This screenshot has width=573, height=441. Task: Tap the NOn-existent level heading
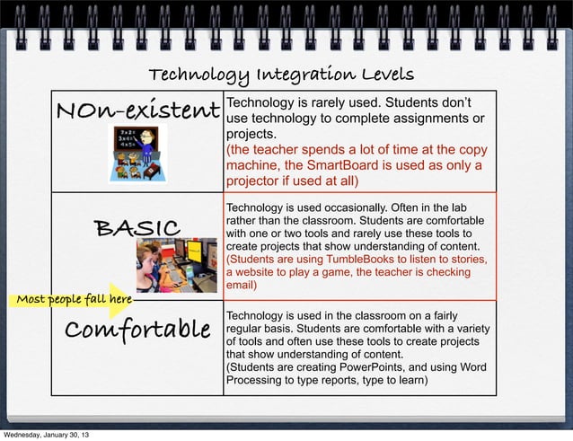(x=138, y=111)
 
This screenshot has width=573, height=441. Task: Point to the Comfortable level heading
(x=137, y=329)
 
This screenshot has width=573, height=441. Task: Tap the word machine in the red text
(x=253, y=165)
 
